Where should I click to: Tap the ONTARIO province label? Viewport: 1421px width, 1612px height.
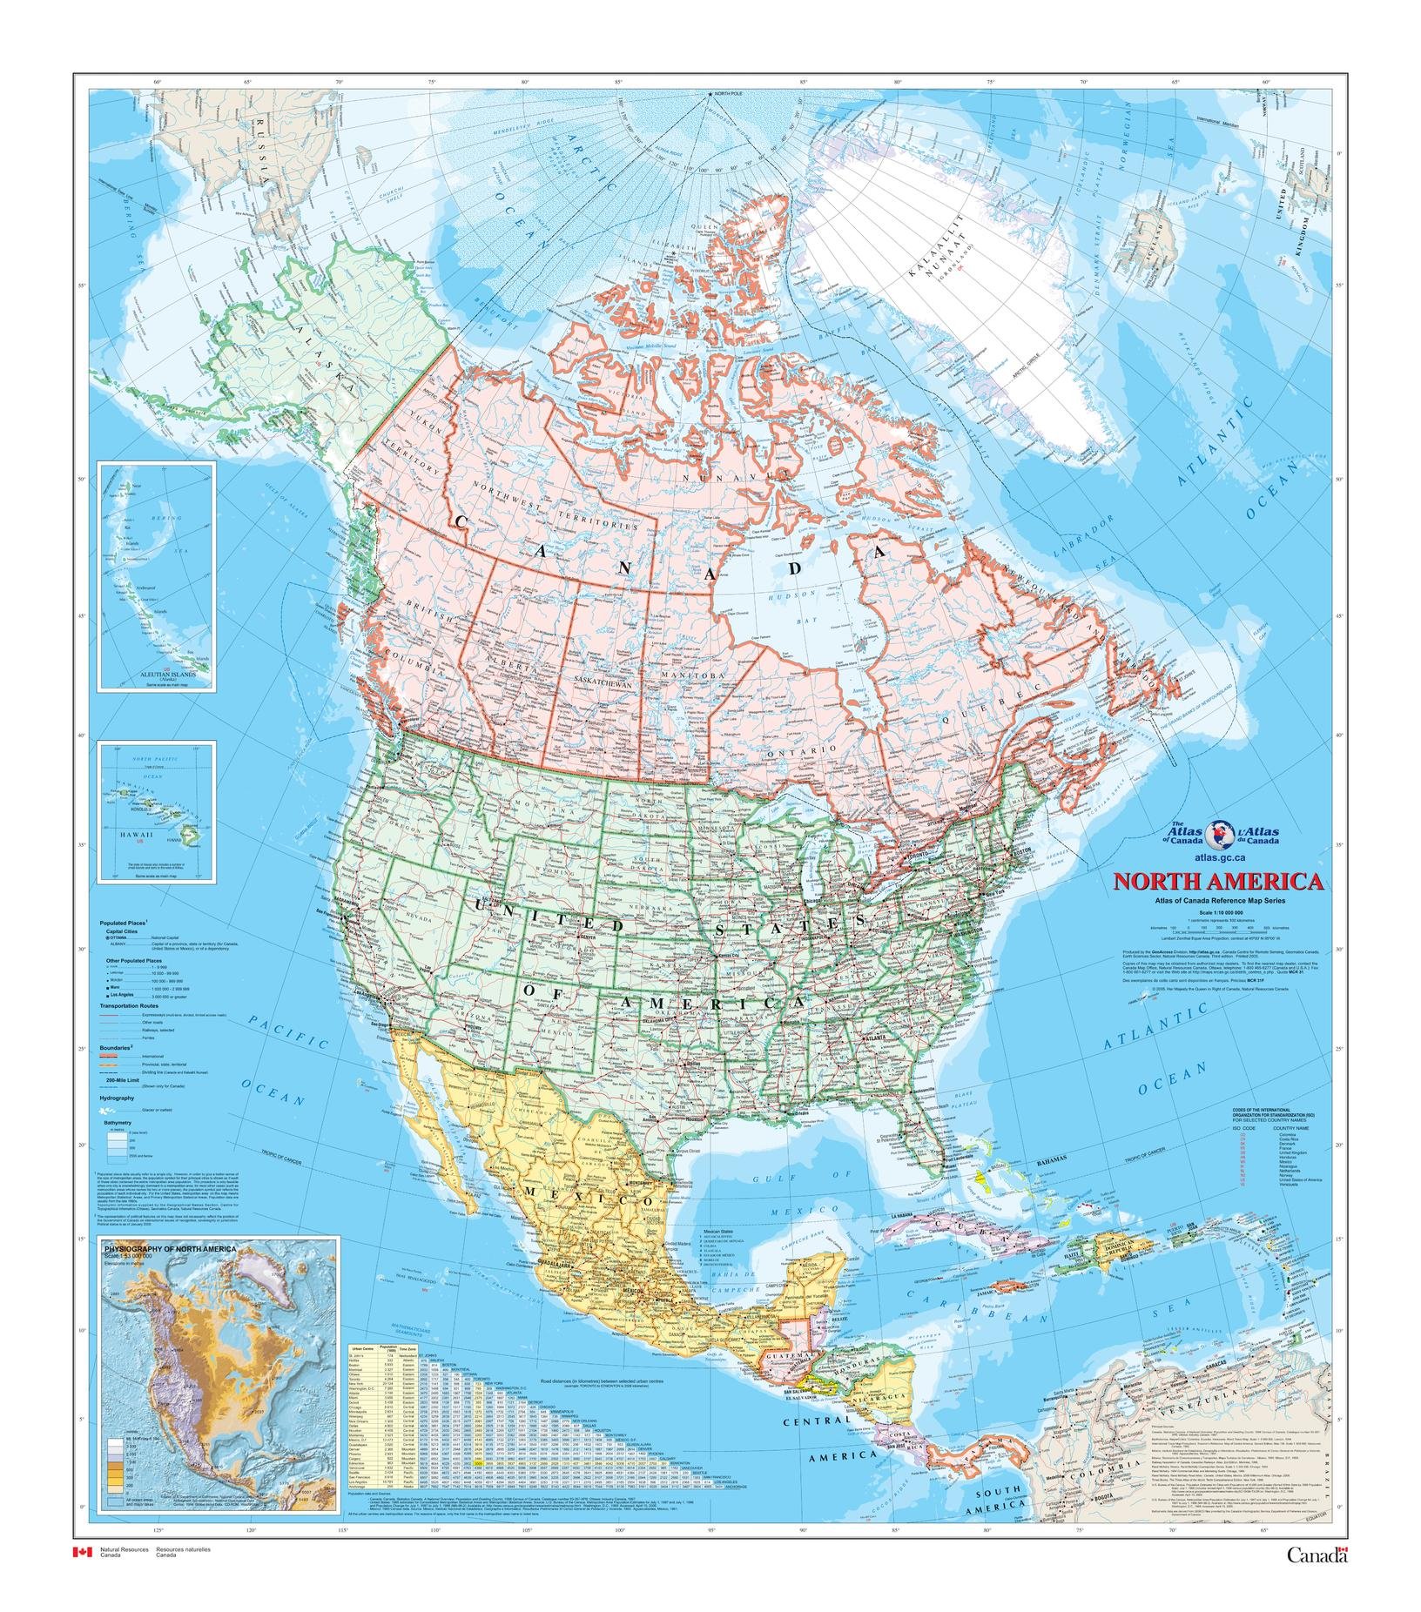coord(813,749)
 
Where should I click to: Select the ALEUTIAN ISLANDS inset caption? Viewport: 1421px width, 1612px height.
coord(158,674)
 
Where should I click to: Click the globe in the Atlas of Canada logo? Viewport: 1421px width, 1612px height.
coord(1220,833)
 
